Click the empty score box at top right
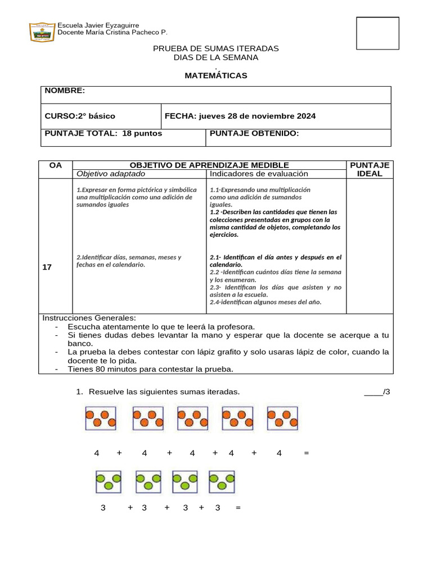click(377, 34)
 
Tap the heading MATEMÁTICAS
click(216, 75)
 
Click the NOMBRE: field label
click(65, 91)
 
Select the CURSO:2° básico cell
click(80, 116)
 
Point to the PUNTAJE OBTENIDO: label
click(254, 133)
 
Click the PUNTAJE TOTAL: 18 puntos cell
click(103, 133)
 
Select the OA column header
click(56, 165)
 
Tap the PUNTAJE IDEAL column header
click(370, 169)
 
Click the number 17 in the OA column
click(47, 267)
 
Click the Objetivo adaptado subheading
click(110, 174)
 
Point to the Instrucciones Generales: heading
click(89, 318)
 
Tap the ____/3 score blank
click(377, 391)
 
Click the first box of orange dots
click(101, 418)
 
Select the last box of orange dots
click(282, 418)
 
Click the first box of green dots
click(109, 481)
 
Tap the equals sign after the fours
click(306, 453)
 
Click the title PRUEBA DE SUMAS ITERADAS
click(216, 49)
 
